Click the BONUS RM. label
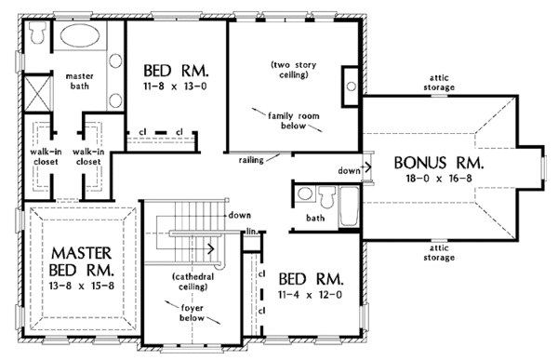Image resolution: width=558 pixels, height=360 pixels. [x=439, y=163]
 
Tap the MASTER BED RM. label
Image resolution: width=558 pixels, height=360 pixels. [x=82, y=261]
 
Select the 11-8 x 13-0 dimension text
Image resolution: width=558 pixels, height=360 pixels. [x=176, y=87]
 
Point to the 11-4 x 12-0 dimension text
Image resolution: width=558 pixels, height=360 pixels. [x=311, y=295]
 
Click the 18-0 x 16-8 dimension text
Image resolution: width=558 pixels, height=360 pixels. [x=439, y=178]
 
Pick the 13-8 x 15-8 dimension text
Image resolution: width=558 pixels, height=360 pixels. [x=82, y=286]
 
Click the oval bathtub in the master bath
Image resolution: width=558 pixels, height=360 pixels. [x=80, y=35]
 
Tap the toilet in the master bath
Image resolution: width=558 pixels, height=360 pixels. [x=36, y=32]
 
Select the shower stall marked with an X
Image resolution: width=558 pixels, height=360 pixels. [x=37, y=93]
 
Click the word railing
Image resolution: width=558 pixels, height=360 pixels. [x=251, y=160]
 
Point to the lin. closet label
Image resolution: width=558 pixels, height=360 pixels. [x=252, y=232]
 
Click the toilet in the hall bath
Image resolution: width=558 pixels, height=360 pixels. [x=326, y=196]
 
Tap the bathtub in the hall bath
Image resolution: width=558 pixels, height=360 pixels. [x=349, y=207]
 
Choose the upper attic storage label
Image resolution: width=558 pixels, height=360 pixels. [x=439, y=83]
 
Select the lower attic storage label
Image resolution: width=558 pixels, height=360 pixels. [x=439, y=252]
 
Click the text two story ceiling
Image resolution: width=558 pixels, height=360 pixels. [x=293, y=70]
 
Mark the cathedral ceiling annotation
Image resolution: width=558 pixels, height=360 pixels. [x=193, y=282]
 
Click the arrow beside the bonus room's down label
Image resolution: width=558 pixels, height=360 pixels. [x=365, y=166]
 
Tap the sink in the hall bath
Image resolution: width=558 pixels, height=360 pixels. [x=305, y=194]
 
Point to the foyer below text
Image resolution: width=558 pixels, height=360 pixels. [x=192, y=313]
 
